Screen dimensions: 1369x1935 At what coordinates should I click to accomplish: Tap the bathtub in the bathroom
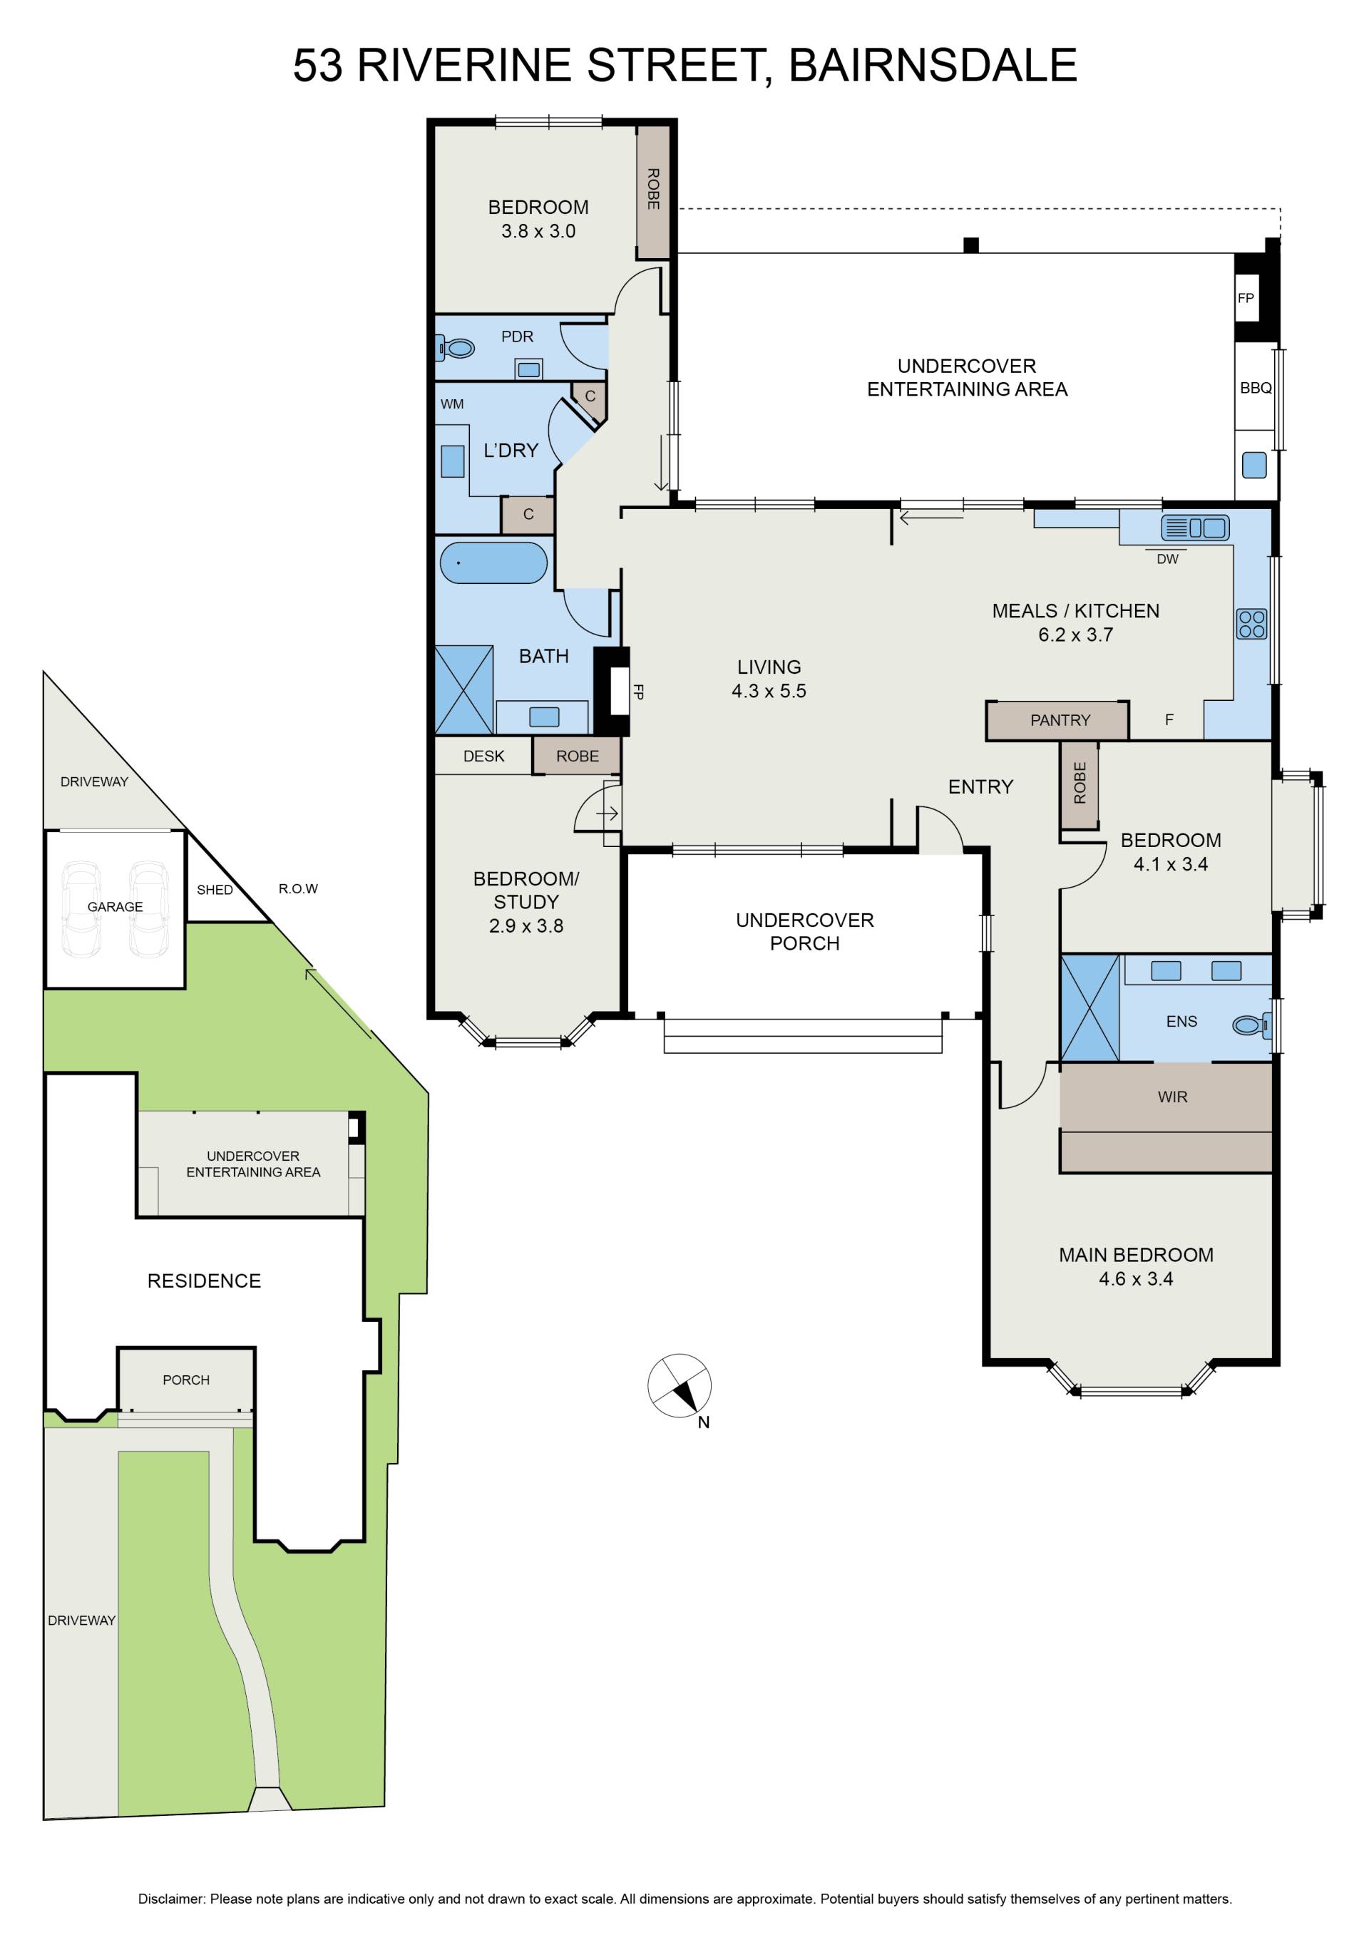[x=493, y=562]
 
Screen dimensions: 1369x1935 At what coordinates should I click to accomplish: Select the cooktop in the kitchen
[x=1252, y=624]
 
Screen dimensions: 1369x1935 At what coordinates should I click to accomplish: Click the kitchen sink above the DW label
[x=1194, y=528]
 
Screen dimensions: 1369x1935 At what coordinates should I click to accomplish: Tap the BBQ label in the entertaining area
[x=1255, y=388]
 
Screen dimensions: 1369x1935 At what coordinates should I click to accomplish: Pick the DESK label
[x=484, y=756]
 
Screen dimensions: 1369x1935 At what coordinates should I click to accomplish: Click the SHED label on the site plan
[x=215, y=890]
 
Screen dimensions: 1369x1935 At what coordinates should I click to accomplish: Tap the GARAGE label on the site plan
[x=116, y=907]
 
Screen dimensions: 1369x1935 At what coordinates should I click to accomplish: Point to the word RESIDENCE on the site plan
[x=204, y=1281]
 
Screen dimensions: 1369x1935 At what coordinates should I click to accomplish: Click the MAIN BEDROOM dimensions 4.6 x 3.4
[x=1136, y=1278]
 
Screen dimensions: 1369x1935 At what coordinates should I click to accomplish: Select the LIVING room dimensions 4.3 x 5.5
[x=769, y=691]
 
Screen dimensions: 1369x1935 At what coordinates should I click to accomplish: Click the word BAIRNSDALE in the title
[x=933, y=65]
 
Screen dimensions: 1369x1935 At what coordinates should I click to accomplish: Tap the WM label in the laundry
[x=452, y=404]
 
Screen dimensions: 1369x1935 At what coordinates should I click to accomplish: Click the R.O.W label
[x=299, y=888]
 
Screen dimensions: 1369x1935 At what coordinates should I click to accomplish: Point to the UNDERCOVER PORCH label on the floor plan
[x=805, y=931]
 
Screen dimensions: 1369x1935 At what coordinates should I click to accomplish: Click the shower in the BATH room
[x=464, y=689]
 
